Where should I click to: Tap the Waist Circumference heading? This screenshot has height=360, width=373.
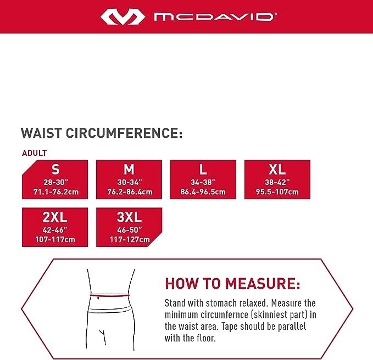[101, 133]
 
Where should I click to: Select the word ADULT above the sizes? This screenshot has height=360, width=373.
[35, 153]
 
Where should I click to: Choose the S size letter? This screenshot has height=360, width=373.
[55, 168]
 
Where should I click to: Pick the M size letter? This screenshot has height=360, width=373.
[129, 168]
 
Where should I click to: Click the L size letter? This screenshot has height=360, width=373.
[203, 168]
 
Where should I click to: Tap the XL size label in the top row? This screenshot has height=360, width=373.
[277, 168]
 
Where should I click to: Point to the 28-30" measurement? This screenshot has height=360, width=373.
[55, 181]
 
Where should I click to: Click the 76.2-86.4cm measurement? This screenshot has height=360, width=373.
[129, 192]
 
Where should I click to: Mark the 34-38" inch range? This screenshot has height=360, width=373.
[203, 181]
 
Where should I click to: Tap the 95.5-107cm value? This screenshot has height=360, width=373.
[277, 192]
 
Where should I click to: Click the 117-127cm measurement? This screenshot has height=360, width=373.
[129, 240]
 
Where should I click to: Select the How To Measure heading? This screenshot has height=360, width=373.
[233, 283]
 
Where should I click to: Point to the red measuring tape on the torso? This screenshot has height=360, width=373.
[110, 295]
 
